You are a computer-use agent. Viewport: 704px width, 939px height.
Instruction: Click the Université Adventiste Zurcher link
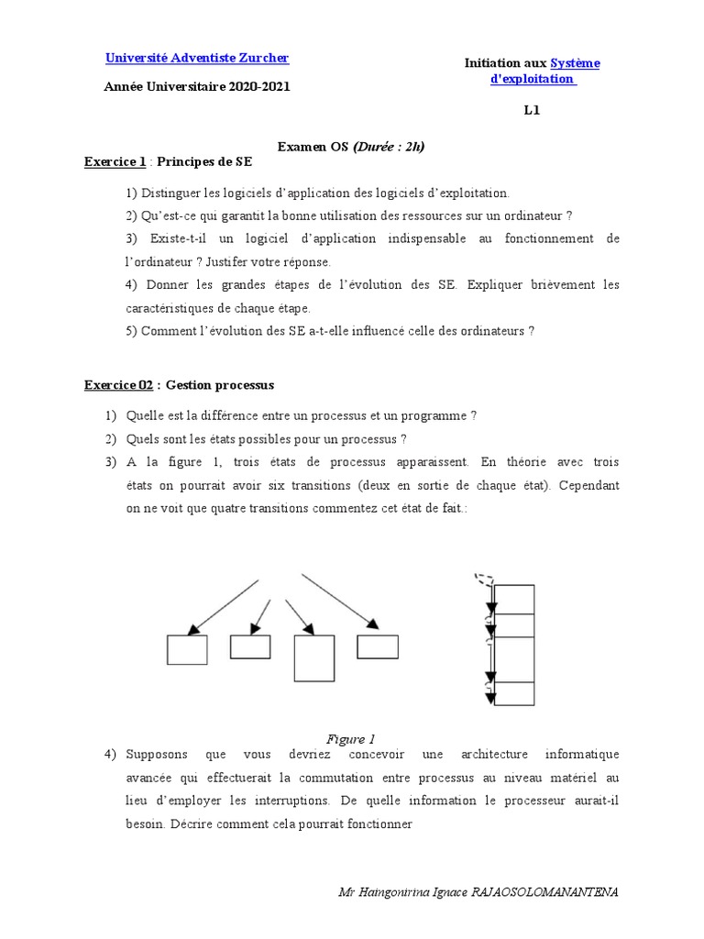pos(197,58)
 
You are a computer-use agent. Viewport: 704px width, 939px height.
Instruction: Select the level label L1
pos(533,111)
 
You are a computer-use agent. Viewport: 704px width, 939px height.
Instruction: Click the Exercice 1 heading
pos(115,161)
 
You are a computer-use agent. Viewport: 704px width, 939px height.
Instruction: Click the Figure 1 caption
pos(351,739)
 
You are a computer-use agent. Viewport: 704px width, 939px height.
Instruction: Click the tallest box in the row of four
pos(313,657)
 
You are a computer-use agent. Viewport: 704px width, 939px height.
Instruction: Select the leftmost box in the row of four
pos(187,649)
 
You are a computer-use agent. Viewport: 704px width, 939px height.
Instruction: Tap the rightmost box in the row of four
pos(377,646)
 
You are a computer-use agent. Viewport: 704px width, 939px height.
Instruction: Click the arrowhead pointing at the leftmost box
pos(192,628)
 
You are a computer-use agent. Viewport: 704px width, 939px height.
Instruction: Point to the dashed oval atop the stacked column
pos(483,580)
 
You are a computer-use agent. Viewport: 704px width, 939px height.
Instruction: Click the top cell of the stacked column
pos(512,599)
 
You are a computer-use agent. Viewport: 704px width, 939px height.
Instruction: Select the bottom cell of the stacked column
pos(512,693)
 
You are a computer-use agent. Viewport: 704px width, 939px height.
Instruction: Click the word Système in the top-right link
pos(575,62)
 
